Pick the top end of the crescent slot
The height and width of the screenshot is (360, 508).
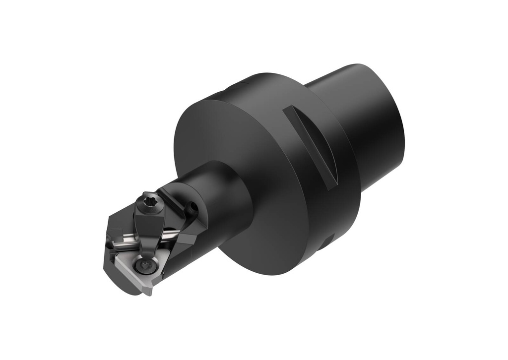click(x=290, y=110)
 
